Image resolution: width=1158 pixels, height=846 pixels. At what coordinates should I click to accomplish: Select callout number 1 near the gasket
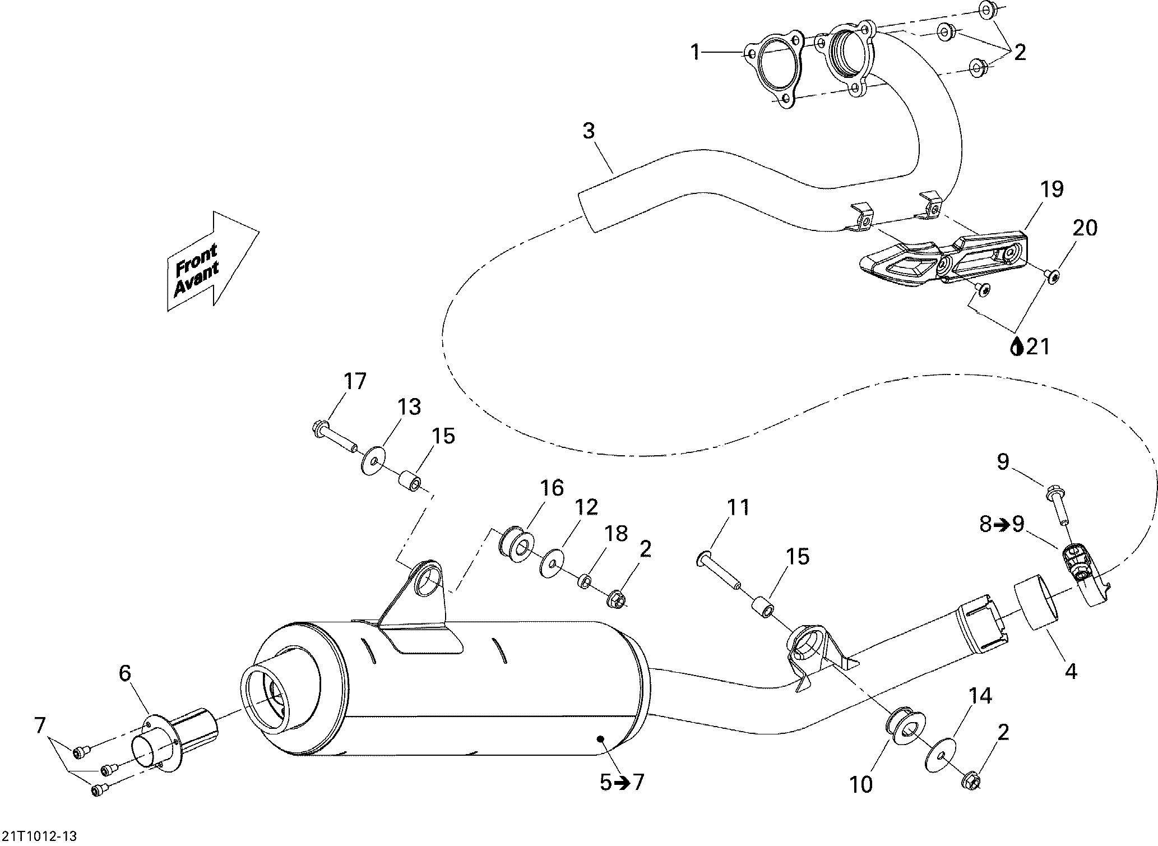(695, 53)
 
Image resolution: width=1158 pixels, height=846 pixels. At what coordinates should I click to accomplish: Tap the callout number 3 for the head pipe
(589, 131)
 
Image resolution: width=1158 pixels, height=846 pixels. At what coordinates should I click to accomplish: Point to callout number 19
(1052, 189)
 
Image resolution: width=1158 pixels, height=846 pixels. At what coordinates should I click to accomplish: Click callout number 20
(1085, 229)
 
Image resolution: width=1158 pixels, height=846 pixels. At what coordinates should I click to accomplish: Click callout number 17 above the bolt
(355, 381)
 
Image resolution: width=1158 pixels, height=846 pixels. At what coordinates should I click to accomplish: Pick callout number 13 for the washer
(409, 407)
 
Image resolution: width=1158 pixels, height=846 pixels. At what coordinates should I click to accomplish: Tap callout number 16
(552, 488)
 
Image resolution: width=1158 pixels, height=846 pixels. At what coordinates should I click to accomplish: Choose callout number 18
(616, 534)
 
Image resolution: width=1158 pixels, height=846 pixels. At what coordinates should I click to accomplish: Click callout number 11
(738, 508)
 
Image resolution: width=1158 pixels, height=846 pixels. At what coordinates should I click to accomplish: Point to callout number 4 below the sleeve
(1071, 671)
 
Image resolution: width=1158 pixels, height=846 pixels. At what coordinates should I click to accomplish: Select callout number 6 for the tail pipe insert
(124, 673)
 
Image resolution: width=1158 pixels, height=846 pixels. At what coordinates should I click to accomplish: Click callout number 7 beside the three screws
(40, 726)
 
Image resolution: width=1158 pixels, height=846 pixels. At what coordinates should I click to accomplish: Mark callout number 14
(980, 696)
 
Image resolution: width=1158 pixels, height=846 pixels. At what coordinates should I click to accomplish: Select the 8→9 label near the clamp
(1002, 524)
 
